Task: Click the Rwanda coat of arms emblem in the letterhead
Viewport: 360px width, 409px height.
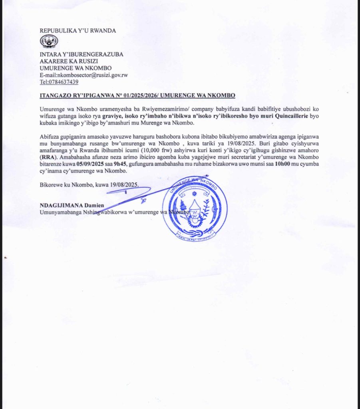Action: pyautogui.click(x=49, y=42)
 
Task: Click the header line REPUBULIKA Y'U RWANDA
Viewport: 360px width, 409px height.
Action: pyautogui.click(x=78, y=31)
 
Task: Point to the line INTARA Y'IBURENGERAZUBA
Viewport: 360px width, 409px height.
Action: pyautogui.click(x=82, y=54)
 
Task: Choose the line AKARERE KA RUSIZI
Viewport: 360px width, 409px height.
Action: pyautogui.click(x=69, y=61)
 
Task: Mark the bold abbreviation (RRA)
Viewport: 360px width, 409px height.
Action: pyautogui.click(x=48, y=158)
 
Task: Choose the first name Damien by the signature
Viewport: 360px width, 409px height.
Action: pyautogui.click(x=95, y=205)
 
